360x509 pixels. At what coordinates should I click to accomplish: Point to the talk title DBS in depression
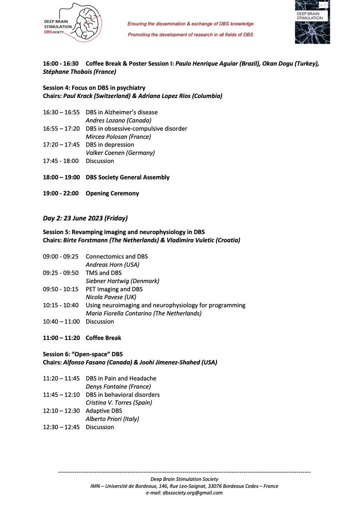pyautogui.click(x=110, y=145)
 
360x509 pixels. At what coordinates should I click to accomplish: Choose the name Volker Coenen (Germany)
pyautogui.click(x=120, y=153)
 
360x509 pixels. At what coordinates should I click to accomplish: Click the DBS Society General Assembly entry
pyautogui.click(x=127, y=177)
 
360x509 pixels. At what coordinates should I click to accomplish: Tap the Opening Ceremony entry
pyautogui.click(x=112, y=194)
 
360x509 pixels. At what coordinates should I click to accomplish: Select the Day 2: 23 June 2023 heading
pyautogui.click(x=85, y=218)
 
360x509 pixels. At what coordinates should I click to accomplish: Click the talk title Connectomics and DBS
pyautogui.click(x=117, y=257)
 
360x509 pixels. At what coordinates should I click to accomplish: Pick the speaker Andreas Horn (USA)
pyautogui.click(x=112, y=265)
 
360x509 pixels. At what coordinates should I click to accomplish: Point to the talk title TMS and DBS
pyautogui.click(x=104, y=273)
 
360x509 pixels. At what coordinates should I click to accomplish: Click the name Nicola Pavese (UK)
pyautogui.click(x=111, y=297)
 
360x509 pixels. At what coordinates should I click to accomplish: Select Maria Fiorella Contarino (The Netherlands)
pyautogui.click(x=143, y=313)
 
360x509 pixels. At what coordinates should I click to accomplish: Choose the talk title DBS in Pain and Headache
pyautogui.click(x=121, y=379)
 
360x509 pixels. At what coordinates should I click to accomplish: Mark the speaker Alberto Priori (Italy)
pyautogui.click(x=112, y=419)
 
